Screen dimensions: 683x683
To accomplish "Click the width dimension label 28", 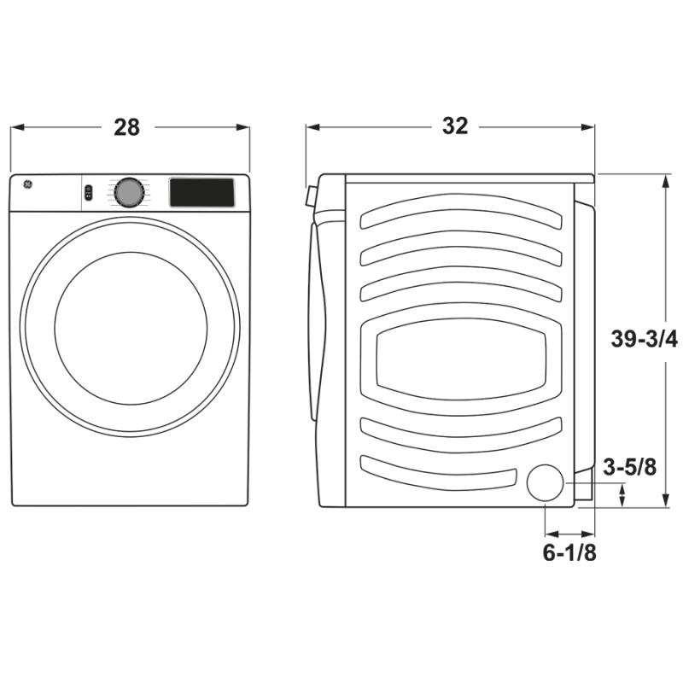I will tap(126, 127).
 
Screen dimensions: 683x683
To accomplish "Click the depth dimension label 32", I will tap(455, 126).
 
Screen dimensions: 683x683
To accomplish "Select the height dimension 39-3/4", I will tap(644, 339).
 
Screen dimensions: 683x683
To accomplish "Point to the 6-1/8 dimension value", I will tap(569, 552).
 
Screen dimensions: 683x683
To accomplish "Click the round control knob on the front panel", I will tap(128, 192).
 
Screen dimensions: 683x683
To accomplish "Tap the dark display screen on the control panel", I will tap(201, 192).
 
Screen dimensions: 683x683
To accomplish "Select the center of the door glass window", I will tap(130, 328).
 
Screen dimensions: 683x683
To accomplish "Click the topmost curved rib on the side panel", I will tap(461, 212).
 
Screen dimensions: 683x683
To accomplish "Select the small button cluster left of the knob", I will tap(88, 194).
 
